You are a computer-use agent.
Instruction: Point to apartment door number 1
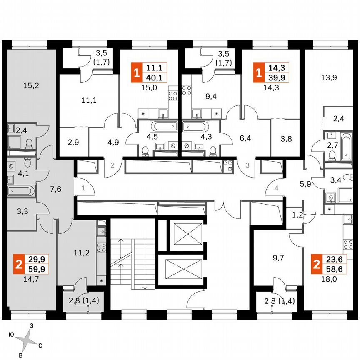(x=83, y=188)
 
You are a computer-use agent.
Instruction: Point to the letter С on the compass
(x=40, y=345)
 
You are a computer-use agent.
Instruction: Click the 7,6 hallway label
(x=56, y=189)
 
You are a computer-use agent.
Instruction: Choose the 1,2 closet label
(x=297, y=215)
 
